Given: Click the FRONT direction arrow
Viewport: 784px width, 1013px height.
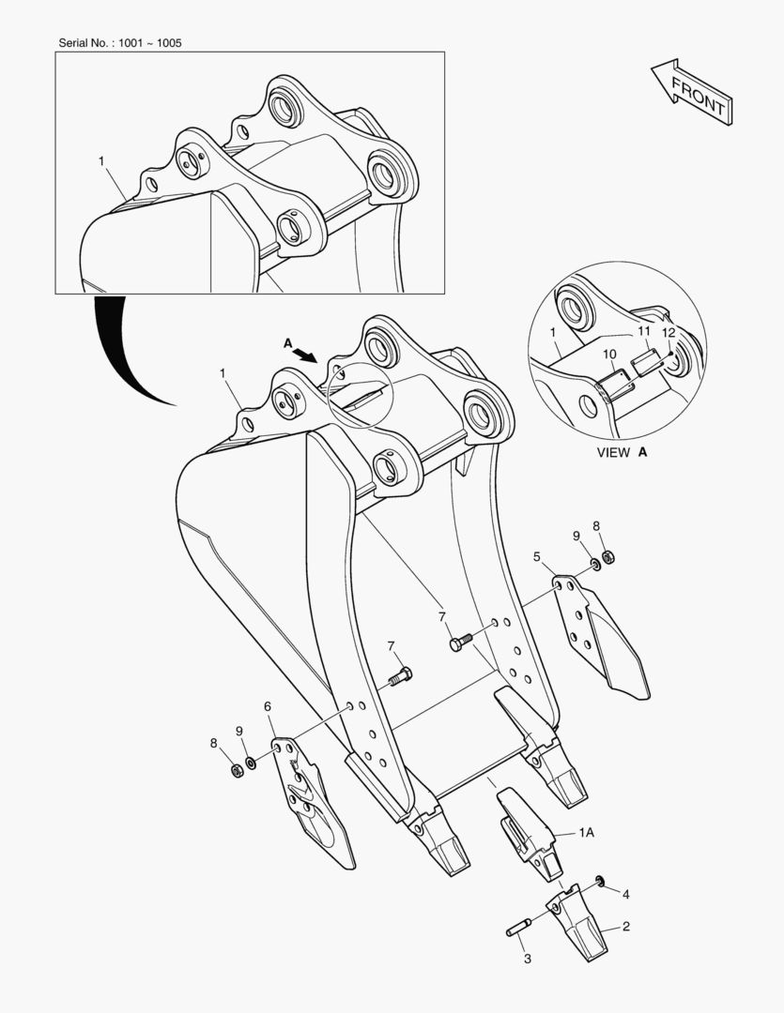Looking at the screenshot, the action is pyautogui.click(x=692, y=92).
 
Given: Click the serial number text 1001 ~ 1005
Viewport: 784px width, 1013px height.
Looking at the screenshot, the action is pyautogui.click(x=150, y=43).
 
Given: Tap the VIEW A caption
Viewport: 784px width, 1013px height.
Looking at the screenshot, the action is pyautogui.click(x=622, y=452).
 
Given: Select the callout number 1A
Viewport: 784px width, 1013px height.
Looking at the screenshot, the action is pyautogui.click(x=586, y=833).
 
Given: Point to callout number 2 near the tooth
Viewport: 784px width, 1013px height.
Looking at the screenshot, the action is pyautogui.click(x=625, y=927).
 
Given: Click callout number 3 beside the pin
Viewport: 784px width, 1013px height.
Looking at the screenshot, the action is pyautogui.click(x=527, y=959).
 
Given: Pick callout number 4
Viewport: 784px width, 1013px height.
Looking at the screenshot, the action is pyautogui.click(x=625, y=894).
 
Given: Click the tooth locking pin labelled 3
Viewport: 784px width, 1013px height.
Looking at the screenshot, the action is pyautogui.click(x=518, y=927).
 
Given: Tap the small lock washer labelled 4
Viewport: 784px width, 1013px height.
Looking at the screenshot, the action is pyautogui.click(x=600, y=881).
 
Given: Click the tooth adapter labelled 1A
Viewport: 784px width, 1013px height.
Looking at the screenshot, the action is pyautogui.click(x=527, y=834).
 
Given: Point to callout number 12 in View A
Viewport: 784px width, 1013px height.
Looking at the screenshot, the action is pyautogui.click(x=669, y=333).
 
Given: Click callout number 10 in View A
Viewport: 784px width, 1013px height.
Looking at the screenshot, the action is pyautogui.click(x=609, y=354).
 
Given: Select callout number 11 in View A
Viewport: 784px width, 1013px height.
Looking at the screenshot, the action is pyautogui.click(x=643, y=331).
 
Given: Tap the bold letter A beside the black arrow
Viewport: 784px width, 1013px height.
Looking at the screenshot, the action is pyautogui.click(x=288, y=343).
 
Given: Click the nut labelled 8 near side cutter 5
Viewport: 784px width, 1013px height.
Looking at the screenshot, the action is pyautogui.click(x=607, y=556).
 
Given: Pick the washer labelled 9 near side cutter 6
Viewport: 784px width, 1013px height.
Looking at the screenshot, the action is pyautogui.click(x=251, y=763).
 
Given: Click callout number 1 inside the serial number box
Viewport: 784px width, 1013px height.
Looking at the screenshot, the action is pyautogui.click(x=100, y=161).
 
